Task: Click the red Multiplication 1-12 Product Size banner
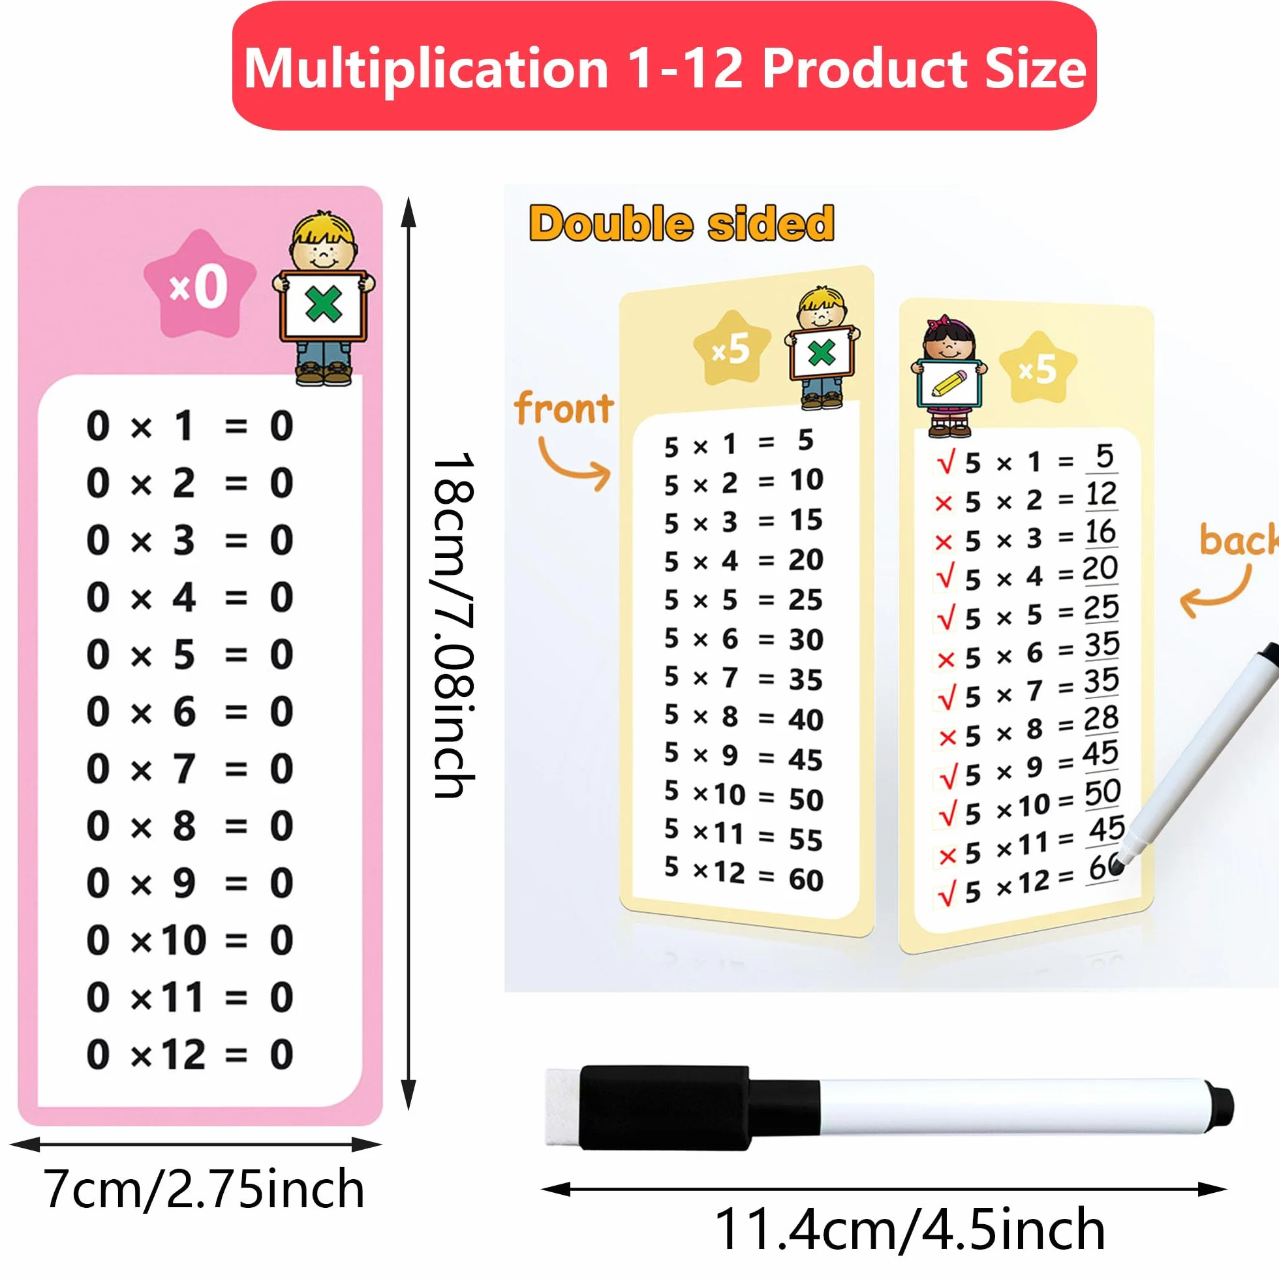pos(665,66)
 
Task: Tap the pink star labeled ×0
pos(200,285)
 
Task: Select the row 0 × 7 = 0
pos(189,769)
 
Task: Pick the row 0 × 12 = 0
pos(189,1055)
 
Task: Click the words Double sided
pos(681,223)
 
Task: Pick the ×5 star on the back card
pos(1038,368)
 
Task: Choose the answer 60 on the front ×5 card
pos(806,880)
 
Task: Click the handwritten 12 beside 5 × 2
pos(1102,494)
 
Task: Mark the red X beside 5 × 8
pos(948,737)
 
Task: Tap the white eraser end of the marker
pos(562,1105)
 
